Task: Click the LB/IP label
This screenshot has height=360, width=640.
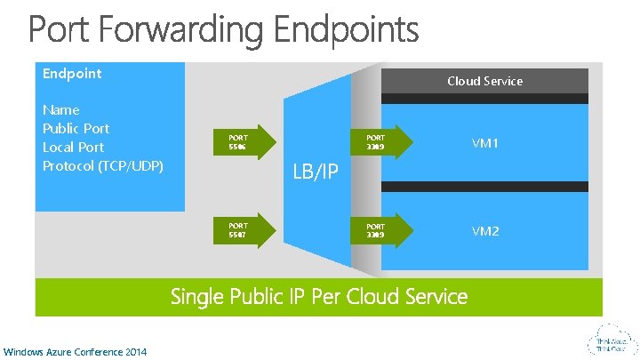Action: [x=316, y=172]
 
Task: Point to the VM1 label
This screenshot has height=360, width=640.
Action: [x=485, y=142]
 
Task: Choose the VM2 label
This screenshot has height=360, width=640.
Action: [x=485, y=231]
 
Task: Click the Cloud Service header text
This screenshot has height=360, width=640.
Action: [x=484, y=81]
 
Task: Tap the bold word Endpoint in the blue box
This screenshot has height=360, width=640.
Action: [x=72, y=74]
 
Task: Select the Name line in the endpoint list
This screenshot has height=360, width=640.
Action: [x=61, y=110]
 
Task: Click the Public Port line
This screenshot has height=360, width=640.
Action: [x=76, y=128]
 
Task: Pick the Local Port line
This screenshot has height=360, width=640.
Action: [x=73, y=147]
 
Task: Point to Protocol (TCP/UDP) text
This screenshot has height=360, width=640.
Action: [x=103, y=165]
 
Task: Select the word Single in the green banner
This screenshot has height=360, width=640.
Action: [x=196, y=296]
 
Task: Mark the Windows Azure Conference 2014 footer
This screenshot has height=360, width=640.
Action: [x=76, y=351]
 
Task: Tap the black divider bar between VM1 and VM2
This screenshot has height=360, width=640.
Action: [x=470, y=187]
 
